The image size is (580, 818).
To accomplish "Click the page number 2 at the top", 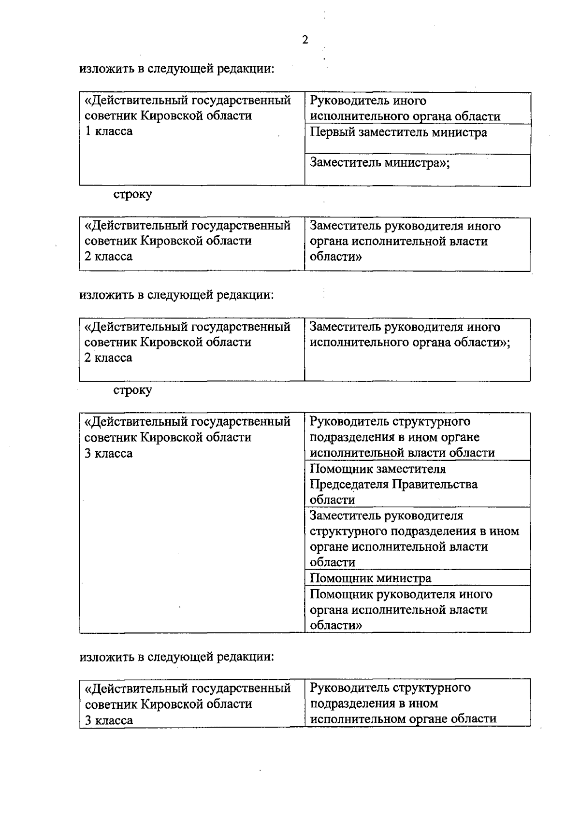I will (x=304, y=40).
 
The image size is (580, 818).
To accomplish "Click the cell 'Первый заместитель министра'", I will (x=398, y=133).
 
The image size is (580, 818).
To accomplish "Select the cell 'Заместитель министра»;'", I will (x=380, y=163).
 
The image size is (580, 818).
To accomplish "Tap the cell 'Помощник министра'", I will (x=370, y=578).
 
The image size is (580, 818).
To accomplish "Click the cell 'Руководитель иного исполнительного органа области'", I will (x=405, y=109).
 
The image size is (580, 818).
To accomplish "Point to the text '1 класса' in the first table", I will (x=109, y=131).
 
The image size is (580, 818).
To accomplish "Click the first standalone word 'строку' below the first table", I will (x=132, y=195).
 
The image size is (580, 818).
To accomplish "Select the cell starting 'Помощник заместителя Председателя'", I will (x=393, y=484).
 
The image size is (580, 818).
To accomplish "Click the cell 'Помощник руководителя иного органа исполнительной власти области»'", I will (x=401, y=610).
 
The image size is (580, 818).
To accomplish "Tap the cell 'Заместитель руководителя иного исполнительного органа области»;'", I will (x=409, y=335).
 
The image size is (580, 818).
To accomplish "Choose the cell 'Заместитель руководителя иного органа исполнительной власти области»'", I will (x=405, y=241).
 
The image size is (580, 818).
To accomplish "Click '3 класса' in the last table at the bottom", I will (x=109, y=720).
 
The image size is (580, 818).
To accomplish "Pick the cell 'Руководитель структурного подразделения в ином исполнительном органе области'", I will (x=403, y=703).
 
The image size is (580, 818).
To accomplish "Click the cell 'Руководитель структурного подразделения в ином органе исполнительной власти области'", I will (x=402, y=437).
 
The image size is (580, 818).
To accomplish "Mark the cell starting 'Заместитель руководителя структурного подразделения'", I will (x=414, y=539).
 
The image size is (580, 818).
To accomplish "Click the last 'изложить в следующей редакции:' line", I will (x=177, y=657).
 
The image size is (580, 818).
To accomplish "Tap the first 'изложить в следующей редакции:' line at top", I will (x=177, y=69).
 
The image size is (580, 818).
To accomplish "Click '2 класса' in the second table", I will (x=109, y=257).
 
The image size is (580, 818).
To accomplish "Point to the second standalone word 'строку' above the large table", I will (x=132, y=390).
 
